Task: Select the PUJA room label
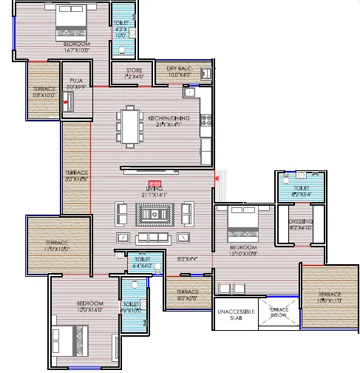tap(75, 83)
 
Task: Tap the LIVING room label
tap(154, 192)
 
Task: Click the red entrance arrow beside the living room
tap(215, 178)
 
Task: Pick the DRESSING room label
tap(301, 224)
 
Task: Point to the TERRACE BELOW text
tap(278, 312)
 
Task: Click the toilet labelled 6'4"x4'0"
tap(143, 262)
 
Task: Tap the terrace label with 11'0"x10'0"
tap(56, 246)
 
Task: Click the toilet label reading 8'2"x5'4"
tap(300, 191)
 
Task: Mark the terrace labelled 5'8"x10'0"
tap(43, 91)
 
